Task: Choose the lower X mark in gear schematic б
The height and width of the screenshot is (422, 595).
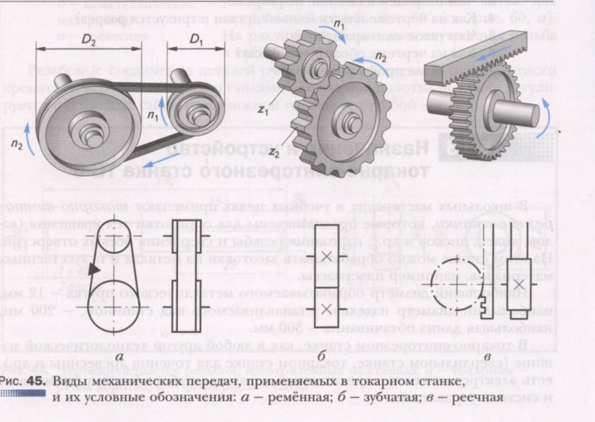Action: (326, 308)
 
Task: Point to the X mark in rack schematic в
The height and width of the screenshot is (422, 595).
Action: (519, 285)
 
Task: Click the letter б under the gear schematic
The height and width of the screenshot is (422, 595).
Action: (322, 356)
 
